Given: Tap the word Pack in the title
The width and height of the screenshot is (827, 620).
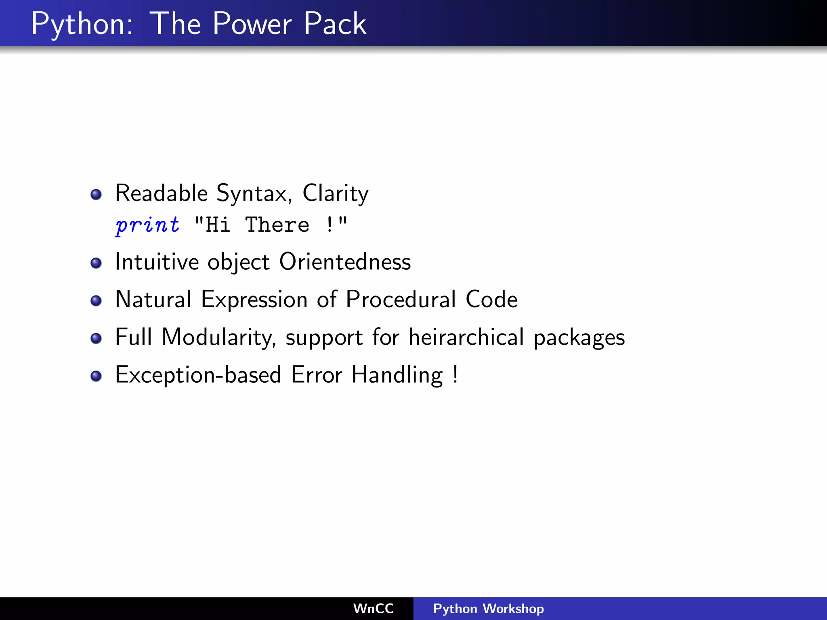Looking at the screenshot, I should pos(335,24).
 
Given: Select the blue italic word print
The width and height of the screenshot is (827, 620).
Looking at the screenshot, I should pos(147,225).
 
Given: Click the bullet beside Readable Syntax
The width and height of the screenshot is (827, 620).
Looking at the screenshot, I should pos(96,195).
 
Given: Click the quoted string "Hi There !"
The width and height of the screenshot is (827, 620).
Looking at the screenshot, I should pos(271,225).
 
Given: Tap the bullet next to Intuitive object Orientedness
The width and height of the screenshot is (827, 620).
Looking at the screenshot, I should pos(96,263).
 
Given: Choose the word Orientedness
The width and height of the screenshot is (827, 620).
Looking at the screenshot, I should pos(345,262).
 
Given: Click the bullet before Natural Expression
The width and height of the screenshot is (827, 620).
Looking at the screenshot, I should pos(96,301).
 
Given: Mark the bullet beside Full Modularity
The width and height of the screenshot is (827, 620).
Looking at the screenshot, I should pos(96,338).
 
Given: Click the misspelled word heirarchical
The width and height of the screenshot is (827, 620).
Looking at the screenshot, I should pos(466,337).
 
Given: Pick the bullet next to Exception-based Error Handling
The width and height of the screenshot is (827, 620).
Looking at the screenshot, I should pos(96,376).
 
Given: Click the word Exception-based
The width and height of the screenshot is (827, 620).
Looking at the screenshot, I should pos(198,375).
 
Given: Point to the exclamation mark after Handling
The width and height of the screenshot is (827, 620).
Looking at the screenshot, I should pos(455,374).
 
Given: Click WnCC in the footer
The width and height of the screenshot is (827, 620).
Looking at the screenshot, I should pos(374,608).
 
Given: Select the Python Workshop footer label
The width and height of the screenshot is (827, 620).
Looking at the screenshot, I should pos(488,608).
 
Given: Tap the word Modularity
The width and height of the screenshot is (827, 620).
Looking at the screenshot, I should pos(218,337).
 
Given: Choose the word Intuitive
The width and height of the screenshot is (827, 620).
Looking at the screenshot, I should pos(157,262).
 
